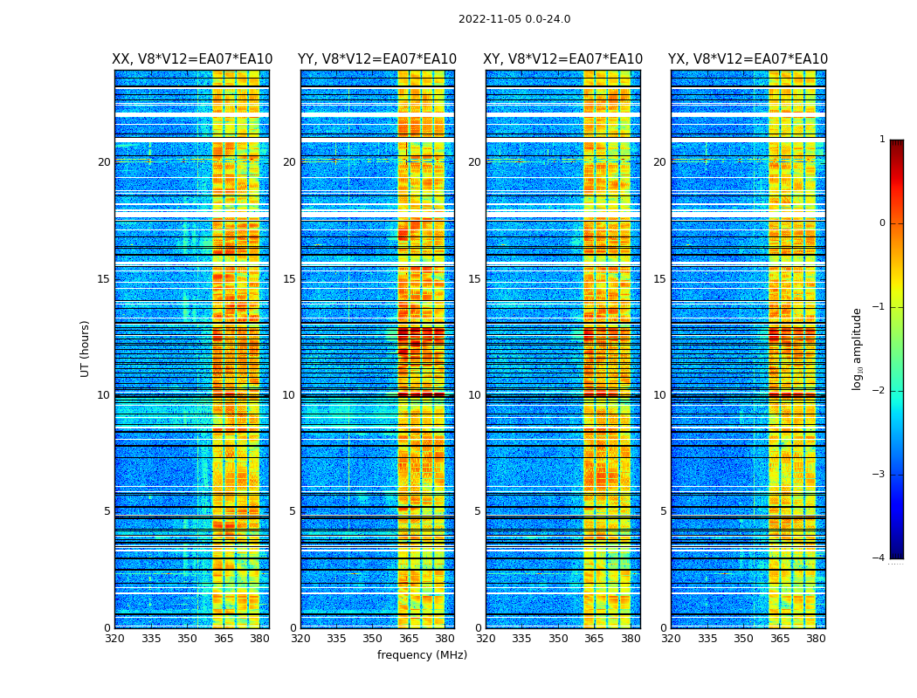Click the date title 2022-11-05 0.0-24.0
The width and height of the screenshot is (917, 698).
click(514, 19)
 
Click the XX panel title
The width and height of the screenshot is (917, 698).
click(192, 59)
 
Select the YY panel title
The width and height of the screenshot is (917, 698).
click(377, 59)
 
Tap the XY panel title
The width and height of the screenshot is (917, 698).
click(563, 59)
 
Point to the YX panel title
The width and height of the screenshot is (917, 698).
click(748, 59)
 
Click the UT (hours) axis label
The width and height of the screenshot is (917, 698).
click(86, 348)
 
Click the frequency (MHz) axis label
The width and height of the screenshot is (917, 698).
click(422, 655)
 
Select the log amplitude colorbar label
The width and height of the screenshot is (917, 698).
click(858, 348)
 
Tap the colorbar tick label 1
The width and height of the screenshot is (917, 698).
click(881, 140)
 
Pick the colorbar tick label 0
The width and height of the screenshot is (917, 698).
click(881, 223)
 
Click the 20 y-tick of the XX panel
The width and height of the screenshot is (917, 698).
click(104, 162)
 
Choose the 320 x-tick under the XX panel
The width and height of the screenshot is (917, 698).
click(114, 639)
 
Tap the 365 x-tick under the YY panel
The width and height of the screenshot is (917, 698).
click(409, 639)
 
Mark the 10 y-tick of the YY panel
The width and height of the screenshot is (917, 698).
click(289, 395)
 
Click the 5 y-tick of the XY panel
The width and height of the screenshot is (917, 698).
click(478, 511)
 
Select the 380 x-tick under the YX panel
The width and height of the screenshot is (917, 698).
click(816, 639)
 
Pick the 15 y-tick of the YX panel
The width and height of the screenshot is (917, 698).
click(659, 279)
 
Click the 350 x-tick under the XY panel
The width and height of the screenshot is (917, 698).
click(558, 639)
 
